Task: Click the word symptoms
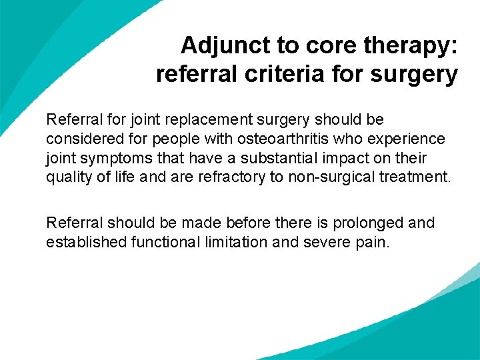[x=107, y=159]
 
